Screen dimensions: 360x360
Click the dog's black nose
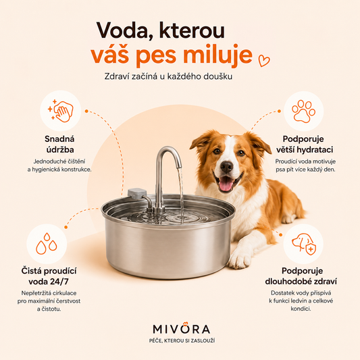pos(227,166)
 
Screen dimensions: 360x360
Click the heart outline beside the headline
pos(264,61)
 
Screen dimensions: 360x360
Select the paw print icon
pos(303,111)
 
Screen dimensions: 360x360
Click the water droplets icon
pos(47,244)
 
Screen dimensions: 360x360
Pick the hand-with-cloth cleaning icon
pos(61,111)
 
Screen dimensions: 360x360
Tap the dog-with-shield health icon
pos(304,244)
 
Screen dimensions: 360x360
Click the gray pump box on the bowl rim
pos(137,195)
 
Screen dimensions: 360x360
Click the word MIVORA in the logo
pos(182,328)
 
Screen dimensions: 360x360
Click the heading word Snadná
pos(59,139)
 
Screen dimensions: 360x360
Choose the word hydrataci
pos(315,150)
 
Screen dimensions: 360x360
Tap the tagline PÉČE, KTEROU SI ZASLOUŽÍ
pos(182,340)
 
